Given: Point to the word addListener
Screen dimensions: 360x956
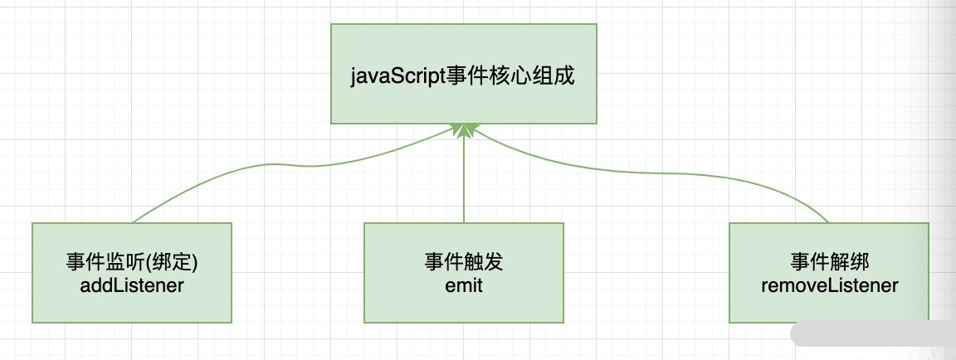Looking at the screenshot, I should tap(132, 285).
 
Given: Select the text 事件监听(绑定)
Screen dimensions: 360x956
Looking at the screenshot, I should tap(132, 262).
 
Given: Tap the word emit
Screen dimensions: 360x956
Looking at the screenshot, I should tap(463, 285).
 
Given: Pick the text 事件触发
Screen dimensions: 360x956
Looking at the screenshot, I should tap(463, 262).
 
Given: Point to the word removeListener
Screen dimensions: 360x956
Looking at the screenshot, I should tap(829, 285).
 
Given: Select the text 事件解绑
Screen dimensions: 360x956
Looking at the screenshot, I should tap(829, 262).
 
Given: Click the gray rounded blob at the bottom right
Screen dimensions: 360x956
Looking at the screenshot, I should tap(871, 334).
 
